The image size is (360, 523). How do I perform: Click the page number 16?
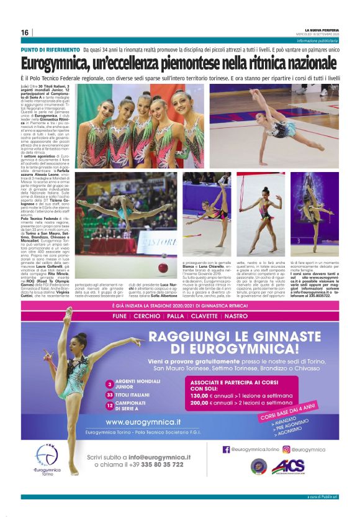click(x=25, y=33)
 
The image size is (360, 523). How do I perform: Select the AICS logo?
click(x=288, y=466)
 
